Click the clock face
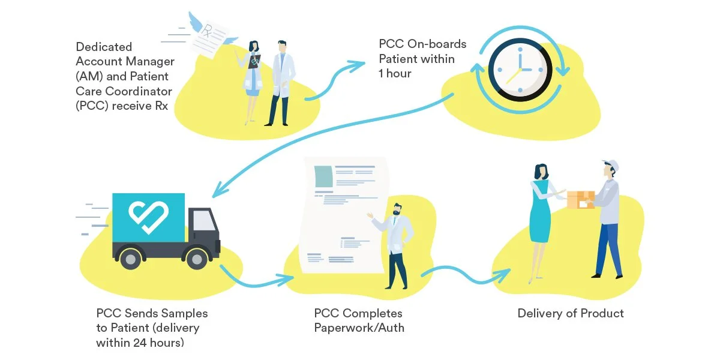520,70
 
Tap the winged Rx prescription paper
211,38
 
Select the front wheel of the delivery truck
197,259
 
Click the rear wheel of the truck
130,259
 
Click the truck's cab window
204,220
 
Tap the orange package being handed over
581,200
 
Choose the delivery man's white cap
611,166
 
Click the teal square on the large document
323,176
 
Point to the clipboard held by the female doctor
254,61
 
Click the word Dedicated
104,47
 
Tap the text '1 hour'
395,74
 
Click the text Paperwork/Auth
359,328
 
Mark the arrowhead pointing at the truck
219,190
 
